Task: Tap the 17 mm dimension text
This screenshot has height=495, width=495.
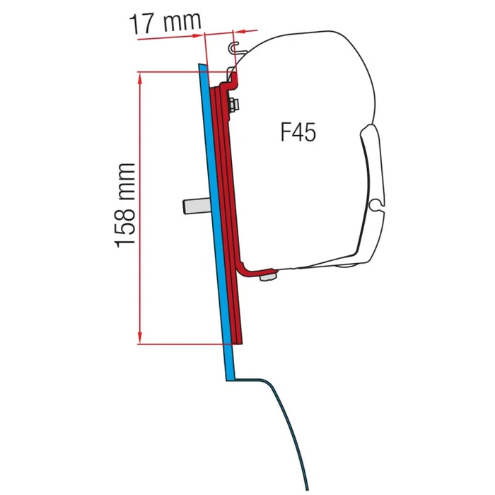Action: tap(165, 24)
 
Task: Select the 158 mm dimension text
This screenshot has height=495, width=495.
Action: tap(124, 205)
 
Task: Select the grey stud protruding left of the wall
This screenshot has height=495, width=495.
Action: tap(193, 206)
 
